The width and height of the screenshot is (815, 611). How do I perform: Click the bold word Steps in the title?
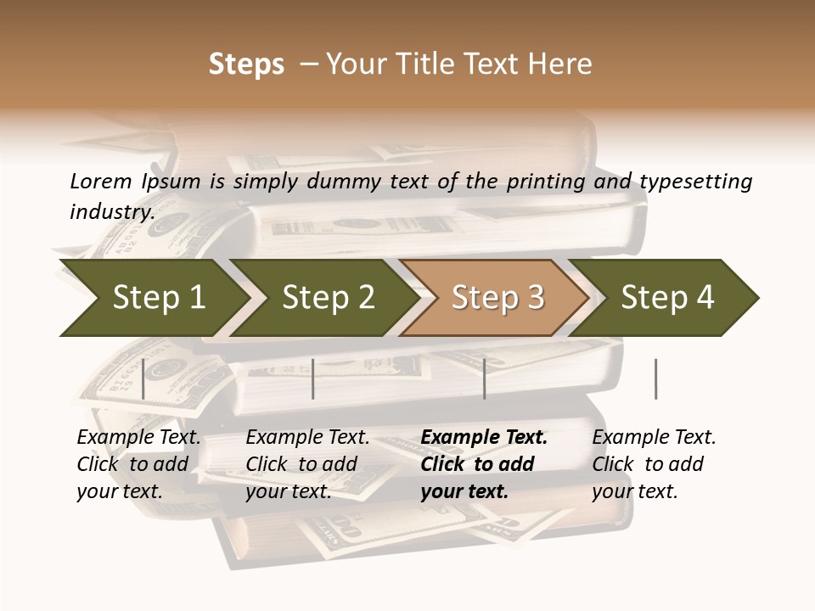[246, 64]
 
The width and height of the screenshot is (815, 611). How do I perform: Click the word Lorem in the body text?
[101, 181]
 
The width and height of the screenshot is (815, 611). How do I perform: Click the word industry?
[112, 211]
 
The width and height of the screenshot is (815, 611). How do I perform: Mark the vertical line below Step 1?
[143, 378]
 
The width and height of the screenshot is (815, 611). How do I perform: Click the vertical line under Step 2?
[313, 378]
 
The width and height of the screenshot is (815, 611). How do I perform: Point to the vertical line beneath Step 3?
[485, 378]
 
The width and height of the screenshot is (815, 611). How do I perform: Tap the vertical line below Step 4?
[655, 378]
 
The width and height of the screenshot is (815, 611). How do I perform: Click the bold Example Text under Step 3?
[484, 437]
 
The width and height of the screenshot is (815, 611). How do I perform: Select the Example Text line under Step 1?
[138, 437]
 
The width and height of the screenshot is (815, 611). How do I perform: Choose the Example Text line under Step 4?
[654, 437]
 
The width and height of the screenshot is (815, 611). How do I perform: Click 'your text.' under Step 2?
[288, 491]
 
